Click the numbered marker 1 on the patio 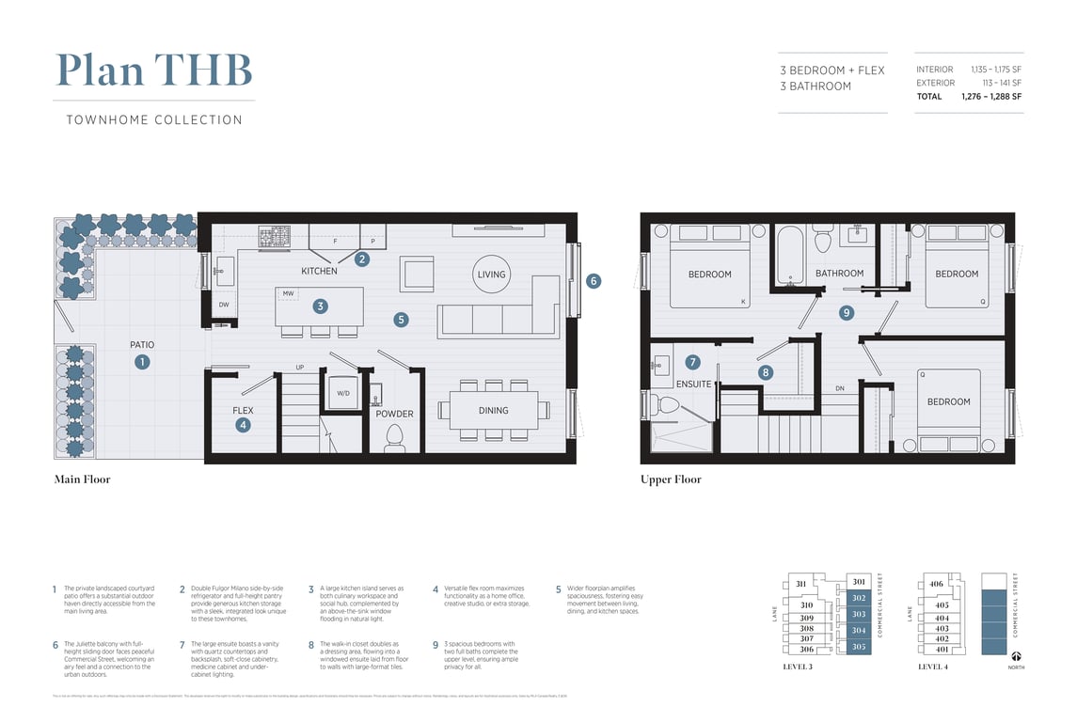(142, 361)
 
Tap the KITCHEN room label (319, 272)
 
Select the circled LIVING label (491, 275)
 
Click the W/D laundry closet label (342, 393)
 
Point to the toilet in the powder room (395, 437)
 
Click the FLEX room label (243, 411)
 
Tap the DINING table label (493, 411)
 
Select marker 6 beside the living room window (594, 281)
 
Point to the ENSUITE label (694, 385)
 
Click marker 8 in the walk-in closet (766, 372)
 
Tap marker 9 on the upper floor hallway (846, 312)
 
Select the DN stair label (839, 389)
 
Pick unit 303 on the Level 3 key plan (858, 614)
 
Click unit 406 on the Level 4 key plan (936, 584)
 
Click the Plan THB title (154, 71)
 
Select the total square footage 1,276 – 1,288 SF (990, 97)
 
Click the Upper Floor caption (671, 479)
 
